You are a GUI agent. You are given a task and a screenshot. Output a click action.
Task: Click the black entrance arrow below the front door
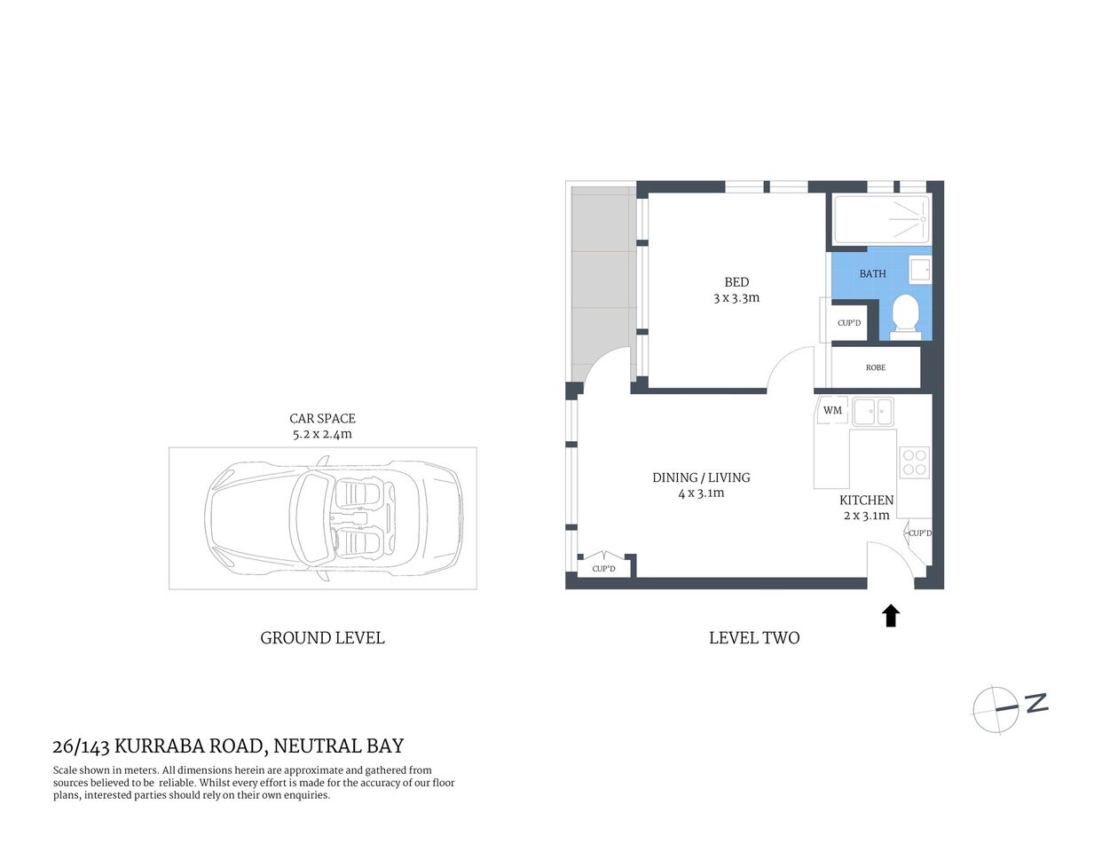click(x=891, y=616)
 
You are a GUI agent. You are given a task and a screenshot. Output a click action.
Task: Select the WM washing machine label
click(x=832, y=410)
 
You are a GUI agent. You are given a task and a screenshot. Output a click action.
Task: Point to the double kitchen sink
click(x=873, y=411)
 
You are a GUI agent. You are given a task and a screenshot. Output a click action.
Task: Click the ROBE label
click(x=876, y=367)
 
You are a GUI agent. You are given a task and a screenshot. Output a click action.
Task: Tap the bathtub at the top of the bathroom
click(x=881, y=218)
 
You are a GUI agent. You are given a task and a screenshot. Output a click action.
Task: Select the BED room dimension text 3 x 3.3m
click(x=736, y=298)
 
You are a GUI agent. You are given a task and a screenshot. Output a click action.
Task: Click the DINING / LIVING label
click(x=701, y=477)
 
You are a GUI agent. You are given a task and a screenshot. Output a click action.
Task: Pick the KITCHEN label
click(x=866, y=501)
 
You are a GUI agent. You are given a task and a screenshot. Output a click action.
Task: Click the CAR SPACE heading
click(x=322, y=418)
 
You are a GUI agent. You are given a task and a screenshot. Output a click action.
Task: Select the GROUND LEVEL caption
click(x=322, y=638)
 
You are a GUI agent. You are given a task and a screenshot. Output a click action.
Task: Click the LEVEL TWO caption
click(x=754, y=638)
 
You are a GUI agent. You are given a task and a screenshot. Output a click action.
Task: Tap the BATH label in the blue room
click(x=872, y=273)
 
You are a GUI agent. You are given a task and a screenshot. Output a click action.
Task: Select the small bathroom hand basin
click(x=919, y=269)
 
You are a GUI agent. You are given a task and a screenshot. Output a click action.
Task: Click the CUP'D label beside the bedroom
click(x=849, y=323)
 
